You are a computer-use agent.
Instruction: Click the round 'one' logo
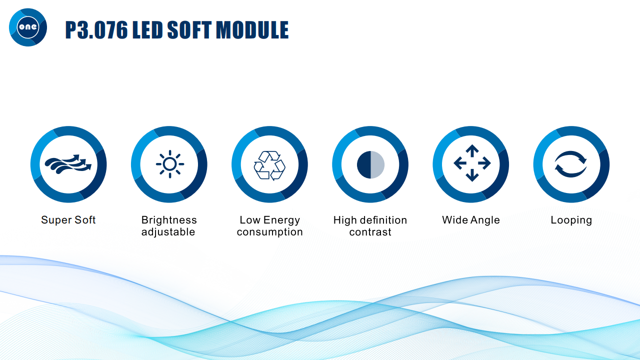pos(28,27)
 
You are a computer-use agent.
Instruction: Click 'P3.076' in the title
pos(96,29)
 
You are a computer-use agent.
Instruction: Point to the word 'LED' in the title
pos(147,29)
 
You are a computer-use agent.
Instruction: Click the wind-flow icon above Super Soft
pos(68,164)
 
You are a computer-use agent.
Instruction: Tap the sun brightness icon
pos(170,164)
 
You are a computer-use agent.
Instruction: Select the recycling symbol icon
pos(269,165)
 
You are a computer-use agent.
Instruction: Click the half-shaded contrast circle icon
pos(370,164)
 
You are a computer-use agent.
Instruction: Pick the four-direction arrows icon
pos(472,163)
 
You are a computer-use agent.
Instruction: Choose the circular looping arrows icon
pos(570,164)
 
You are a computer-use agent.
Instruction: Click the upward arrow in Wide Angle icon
pos(472,150)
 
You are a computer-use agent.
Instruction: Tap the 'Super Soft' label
pos(68,220)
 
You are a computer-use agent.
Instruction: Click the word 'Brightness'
pos(169,220)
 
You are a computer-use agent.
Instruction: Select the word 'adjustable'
pos(168,232)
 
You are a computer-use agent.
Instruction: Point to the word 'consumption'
pos(269,232)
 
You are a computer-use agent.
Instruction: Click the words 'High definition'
pos(370,220)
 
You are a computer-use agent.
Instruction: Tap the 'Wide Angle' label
pos(471,220)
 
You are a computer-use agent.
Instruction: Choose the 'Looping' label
pos(571,220)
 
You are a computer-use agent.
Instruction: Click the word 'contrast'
pos(370,232)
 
